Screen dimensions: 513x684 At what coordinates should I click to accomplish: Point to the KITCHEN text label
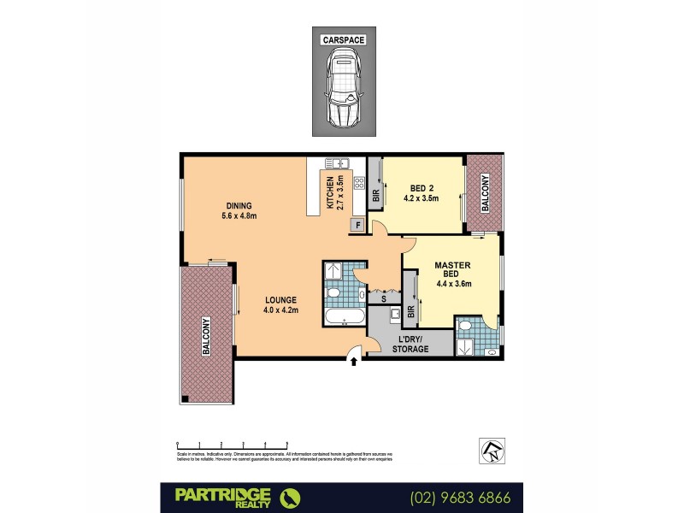(x=331, y=192)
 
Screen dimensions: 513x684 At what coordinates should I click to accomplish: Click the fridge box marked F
(x=357, y=226)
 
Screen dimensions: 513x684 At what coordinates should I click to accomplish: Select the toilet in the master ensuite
(x=491, y=351)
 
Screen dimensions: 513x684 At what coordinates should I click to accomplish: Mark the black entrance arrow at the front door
(x=355, y=362)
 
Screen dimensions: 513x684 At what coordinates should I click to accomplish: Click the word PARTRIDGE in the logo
(x=223, y=492)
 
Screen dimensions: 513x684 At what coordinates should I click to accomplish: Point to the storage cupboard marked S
(x=383, y=298)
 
